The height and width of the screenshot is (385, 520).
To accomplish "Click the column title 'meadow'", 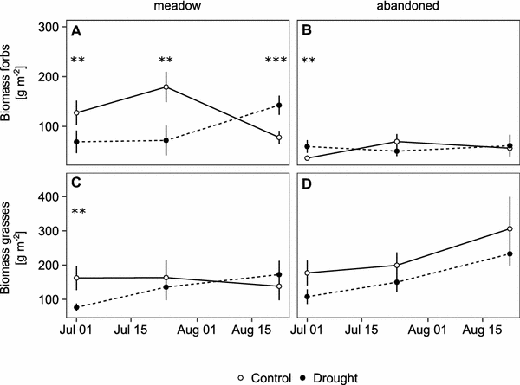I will coord(164,8).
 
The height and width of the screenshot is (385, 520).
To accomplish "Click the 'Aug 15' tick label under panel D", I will coord(481,330).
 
